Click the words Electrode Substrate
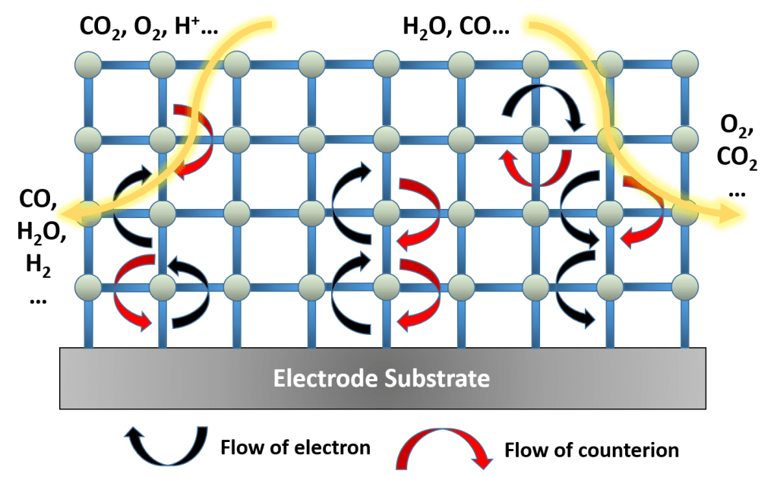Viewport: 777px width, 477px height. point(381,378)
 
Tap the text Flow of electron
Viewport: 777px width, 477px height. point(295,447)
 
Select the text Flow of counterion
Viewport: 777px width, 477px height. point(592,450)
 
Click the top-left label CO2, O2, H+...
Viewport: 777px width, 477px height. point(149,28)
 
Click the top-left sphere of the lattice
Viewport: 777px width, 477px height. point(88,64)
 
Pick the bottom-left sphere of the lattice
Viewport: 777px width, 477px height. point(88,286)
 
